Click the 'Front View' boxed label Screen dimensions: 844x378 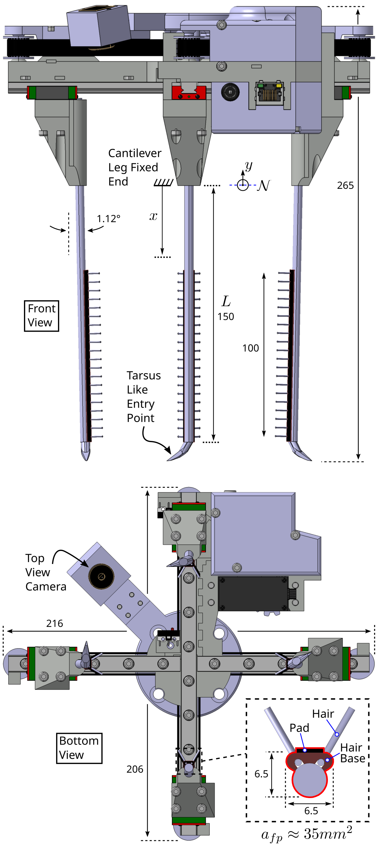(x=41, y=316)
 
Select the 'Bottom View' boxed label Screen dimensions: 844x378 (x=79, y=747)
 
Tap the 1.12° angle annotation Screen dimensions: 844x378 (x=108, y=218)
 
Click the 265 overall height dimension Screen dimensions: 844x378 (x=345, y=185)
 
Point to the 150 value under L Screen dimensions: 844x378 (x=226, y=317)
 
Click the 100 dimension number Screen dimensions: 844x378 (x=250, y=348)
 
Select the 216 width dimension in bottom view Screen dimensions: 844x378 (x=54, y=623)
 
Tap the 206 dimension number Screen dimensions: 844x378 (x=135, y=769)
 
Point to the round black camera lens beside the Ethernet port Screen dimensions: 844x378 (x=230, y=92)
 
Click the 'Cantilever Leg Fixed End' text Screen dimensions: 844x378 (x=135, y=167)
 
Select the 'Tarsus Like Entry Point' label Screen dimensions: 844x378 (x=143, y=397)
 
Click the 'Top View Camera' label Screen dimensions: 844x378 (x=45, y=572)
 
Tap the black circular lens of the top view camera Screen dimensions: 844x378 (x=101, y=576)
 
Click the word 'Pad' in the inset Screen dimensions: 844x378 (x=299, y=728)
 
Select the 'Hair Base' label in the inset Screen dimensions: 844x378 (x=352, y=753)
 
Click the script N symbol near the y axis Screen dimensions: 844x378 (x=264, y=185)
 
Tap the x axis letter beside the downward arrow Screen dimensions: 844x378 (x=153, y=216)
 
